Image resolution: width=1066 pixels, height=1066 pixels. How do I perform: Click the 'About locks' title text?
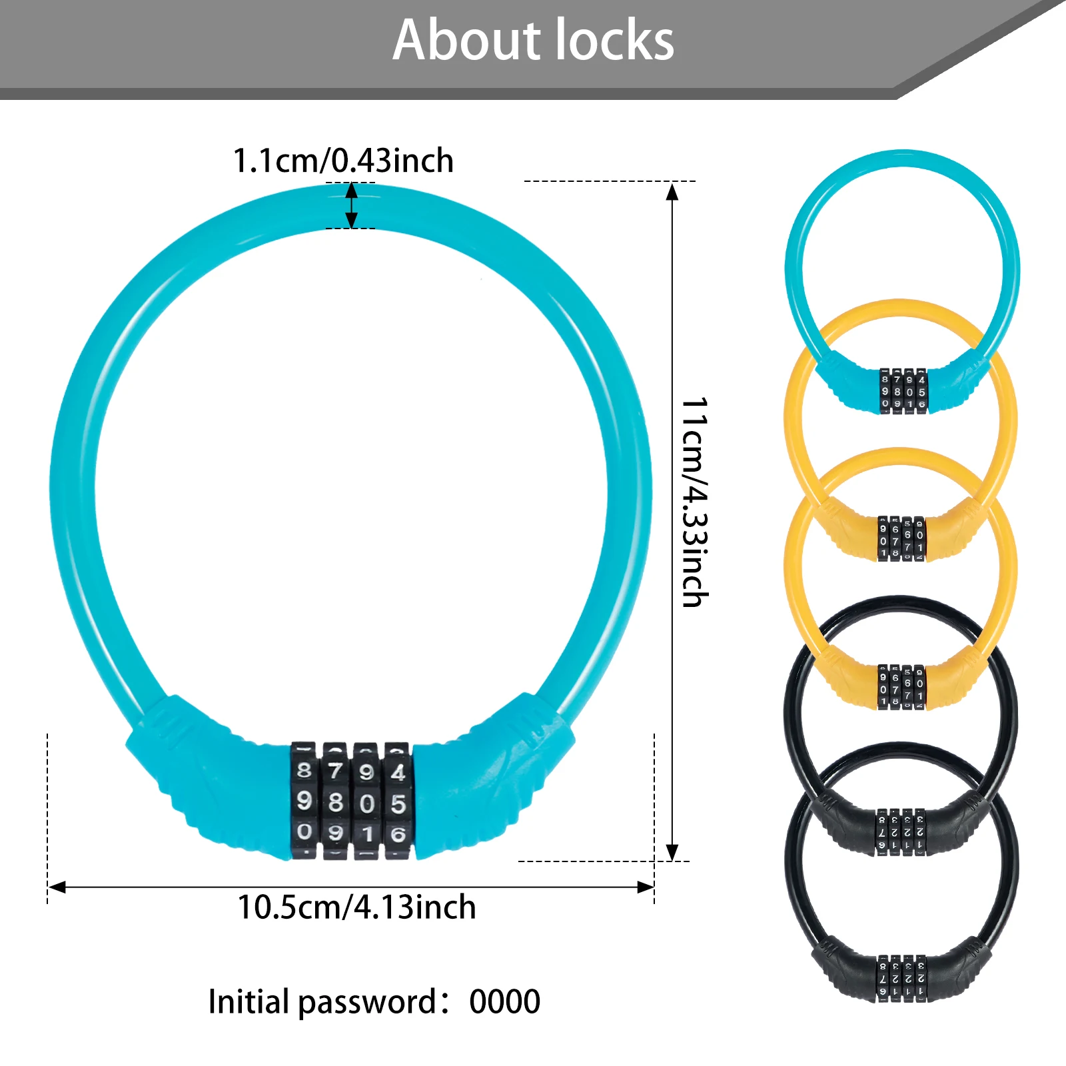(x=533, y=41)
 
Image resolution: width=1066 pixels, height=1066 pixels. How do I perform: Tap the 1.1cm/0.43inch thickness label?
(x=343, y=161)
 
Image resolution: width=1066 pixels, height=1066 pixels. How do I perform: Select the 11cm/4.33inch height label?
(x=694, y=502)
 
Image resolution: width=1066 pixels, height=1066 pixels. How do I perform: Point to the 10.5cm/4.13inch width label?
(x=356, y=907)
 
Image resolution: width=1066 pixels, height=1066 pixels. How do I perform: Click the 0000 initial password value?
(x=504, y=1001)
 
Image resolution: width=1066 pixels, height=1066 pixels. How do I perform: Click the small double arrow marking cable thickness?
(x=351, y=206)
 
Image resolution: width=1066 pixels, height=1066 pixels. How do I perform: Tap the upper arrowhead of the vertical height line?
(x=672, y=192)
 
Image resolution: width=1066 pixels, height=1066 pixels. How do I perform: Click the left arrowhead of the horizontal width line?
(x=57, y=887)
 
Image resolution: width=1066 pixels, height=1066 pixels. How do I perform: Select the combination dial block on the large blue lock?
(x=352, y=801)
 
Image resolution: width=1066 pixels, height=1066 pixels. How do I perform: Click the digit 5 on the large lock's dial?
(x=398, y=803)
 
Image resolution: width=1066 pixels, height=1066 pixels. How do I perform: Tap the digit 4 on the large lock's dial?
(x=398, y=772)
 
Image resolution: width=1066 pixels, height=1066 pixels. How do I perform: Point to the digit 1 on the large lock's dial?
(x=367, y=833)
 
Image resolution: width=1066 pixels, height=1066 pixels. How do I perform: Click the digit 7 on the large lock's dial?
(x=336, y=772)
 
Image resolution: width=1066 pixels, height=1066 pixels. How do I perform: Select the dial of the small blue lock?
(x=903, y=391)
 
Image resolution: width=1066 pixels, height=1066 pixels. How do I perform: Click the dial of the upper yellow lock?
(x=901, y=538)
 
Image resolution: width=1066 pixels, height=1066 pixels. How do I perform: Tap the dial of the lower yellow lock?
(x=901, y=686)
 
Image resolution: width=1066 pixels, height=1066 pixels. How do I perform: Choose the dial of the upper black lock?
(x=901, y=833)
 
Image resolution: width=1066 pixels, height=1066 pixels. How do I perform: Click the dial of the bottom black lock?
(x=901, y=978)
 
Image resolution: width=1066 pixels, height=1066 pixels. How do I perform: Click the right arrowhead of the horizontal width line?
(x=645, y=887)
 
